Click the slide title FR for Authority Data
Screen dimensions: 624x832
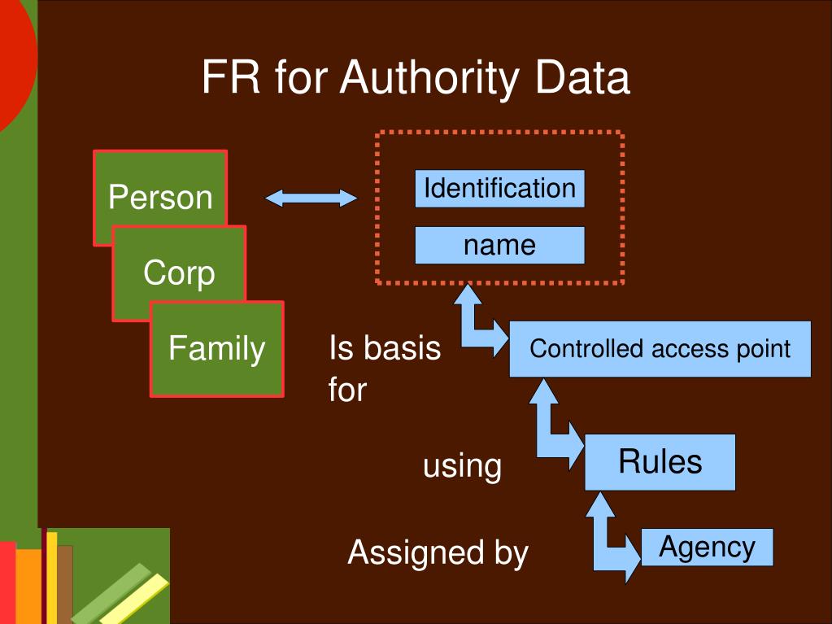coord(416,79)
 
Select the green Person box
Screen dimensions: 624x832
coord(160,197)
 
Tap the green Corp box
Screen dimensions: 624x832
coord(179,272)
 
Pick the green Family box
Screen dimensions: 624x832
coord(217,348)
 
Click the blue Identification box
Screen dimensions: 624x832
coord(499,189)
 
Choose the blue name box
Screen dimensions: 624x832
coord(499,245)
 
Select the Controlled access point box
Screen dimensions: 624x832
coord(660,349)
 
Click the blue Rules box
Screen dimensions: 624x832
coord(660,461)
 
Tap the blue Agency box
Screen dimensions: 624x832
coord(706,547)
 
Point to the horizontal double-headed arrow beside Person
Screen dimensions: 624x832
coord(311,198)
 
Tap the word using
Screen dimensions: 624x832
coord(462,466)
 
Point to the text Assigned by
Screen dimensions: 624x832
coord(438,553)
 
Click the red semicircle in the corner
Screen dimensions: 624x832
coord(15,65)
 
